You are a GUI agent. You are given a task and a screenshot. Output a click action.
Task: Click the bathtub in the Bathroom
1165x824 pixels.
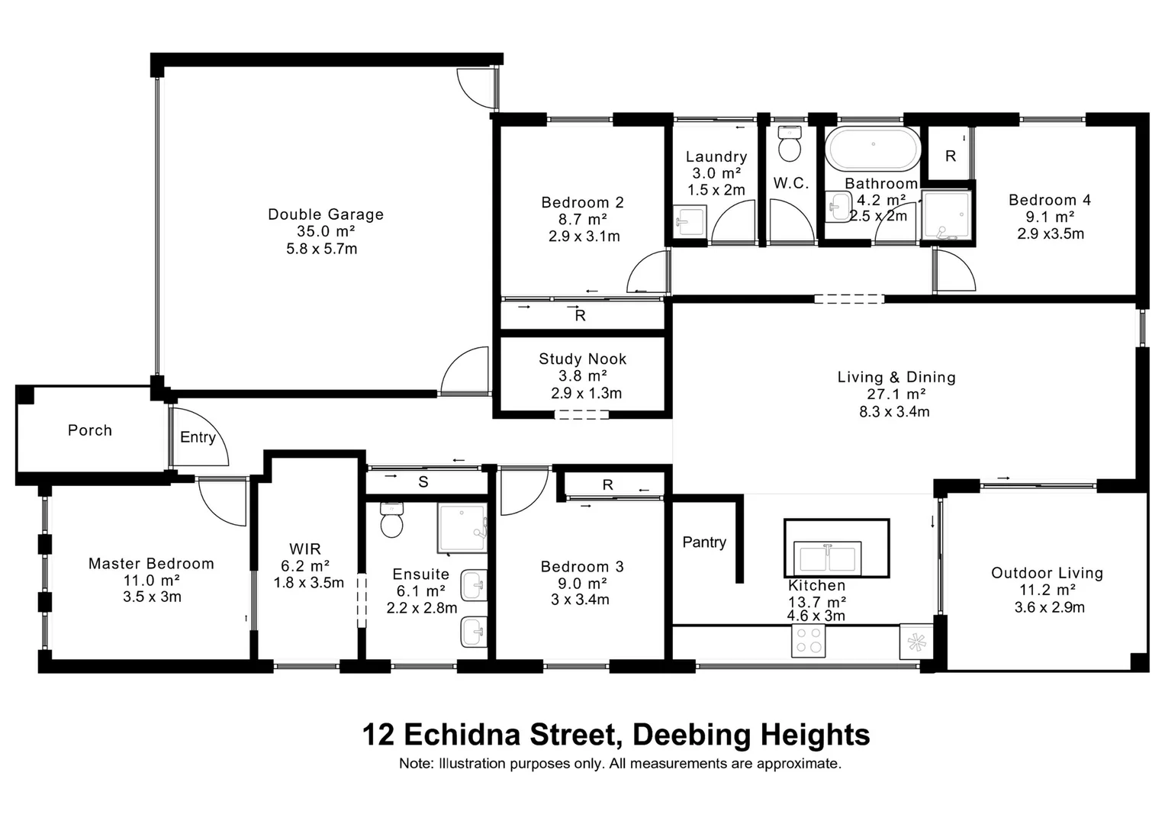874,149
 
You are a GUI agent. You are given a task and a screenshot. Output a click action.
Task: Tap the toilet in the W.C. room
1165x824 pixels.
790,144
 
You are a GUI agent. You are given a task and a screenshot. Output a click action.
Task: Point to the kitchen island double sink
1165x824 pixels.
827,556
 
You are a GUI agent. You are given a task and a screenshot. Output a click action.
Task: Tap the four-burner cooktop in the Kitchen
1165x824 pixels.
809,641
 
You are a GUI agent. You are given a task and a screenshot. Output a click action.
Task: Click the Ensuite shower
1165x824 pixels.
462,528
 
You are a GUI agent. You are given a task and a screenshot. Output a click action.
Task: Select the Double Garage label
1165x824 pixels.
326,214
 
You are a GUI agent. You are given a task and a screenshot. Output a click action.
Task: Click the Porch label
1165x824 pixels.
90,430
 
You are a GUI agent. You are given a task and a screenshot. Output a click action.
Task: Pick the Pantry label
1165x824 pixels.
703,542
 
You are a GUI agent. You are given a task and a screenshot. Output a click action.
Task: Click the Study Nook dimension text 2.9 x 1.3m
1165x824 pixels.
586,394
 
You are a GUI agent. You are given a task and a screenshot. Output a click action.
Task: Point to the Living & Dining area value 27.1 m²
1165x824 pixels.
896,394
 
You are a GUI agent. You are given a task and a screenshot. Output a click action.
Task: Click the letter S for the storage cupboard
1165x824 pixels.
423,482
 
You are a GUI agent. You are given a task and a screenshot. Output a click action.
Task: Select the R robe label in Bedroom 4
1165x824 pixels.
950,156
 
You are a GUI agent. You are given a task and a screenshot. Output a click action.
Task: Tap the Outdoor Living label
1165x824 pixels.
1047,573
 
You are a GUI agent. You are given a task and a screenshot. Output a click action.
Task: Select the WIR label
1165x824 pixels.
305,549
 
